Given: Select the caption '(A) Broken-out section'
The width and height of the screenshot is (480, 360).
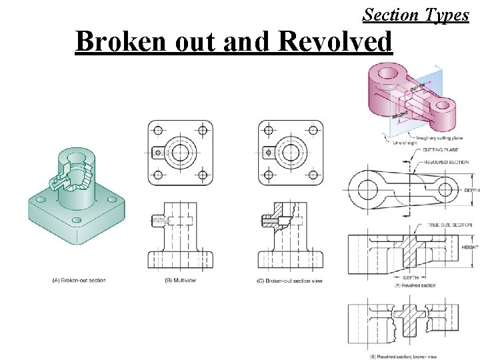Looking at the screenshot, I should point(79,281).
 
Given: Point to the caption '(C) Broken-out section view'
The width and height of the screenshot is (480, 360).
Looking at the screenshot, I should point(289,281).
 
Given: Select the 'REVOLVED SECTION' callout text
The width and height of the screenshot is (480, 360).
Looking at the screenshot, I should point(445,162).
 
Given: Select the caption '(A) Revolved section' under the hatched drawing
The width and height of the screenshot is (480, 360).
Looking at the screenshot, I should point(416,285).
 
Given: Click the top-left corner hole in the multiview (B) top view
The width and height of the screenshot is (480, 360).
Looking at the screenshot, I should point(159,129).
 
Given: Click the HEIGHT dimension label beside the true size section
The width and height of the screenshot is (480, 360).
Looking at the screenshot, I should point(470,247).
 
